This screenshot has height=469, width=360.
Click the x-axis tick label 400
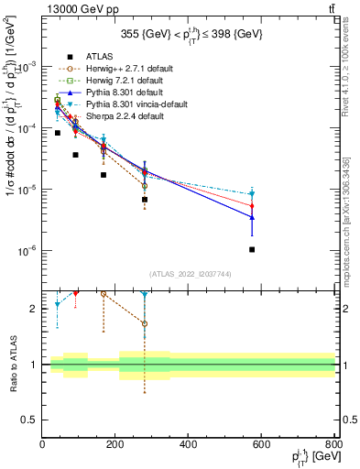[190, 445]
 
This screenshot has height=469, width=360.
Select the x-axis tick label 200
[116, 445]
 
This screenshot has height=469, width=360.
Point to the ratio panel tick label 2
[35, 309]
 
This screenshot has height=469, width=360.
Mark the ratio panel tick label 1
[35, 365]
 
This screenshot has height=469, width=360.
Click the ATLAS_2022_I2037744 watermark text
[189, 274]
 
